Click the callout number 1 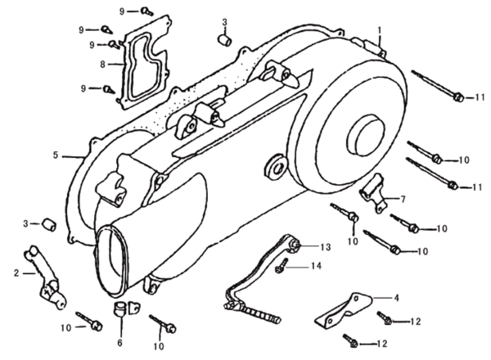click(380, 30)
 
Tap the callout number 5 click(56, 155)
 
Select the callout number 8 click(102, 63)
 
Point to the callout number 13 click(325, 246)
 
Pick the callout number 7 click(402, 199)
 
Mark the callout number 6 click(119, 343)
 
